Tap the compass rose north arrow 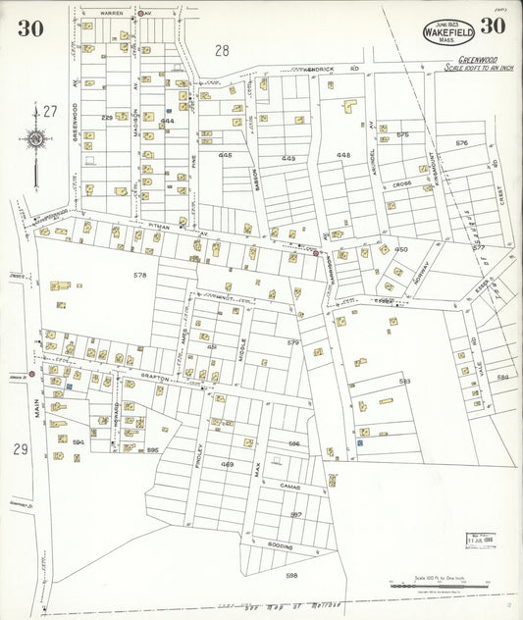coord(36,139)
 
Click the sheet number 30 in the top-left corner coord(29,27)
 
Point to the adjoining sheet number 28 coord(222,49)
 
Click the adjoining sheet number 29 coord(21,448)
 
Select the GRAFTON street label coord(157,375)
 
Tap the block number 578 coord(139,276)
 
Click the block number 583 coord(404,382)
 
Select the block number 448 coord(342,155)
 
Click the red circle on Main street coord(31,374)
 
